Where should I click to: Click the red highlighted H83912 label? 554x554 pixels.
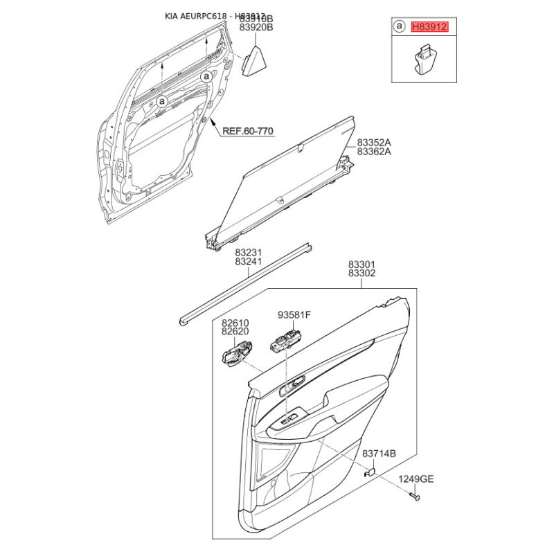(x=430, y=27)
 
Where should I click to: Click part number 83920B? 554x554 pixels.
(x=256, y=28)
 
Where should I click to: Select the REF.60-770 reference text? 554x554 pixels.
(x=247, y=130)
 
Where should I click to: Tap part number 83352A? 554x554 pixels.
(x=374, y=143)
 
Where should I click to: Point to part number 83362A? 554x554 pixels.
(x=374, y=152)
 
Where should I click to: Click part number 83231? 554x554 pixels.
(x=248, y=253)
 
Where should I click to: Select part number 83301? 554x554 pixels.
(x=361, y=265)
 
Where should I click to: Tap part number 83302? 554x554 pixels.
(x=361, y=274)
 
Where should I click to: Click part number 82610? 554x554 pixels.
(x=235, y=323)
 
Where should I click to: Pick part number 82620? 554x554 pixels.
(x=235, y=332)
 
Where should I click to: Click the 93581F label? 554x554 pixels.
(x=294, y=315)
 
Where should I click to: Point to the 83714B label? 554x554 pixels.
(x=379, y=454)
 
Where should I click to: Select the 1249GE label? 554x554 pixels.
(x=415, y=479)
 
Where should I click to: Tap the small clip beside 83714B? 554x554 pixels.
(x=370, y=472)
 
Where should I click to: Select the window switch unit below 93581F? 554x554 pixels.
(x=285, y=343)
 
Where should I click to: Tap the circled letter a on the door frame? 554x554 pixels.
(x=161, y=101)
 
